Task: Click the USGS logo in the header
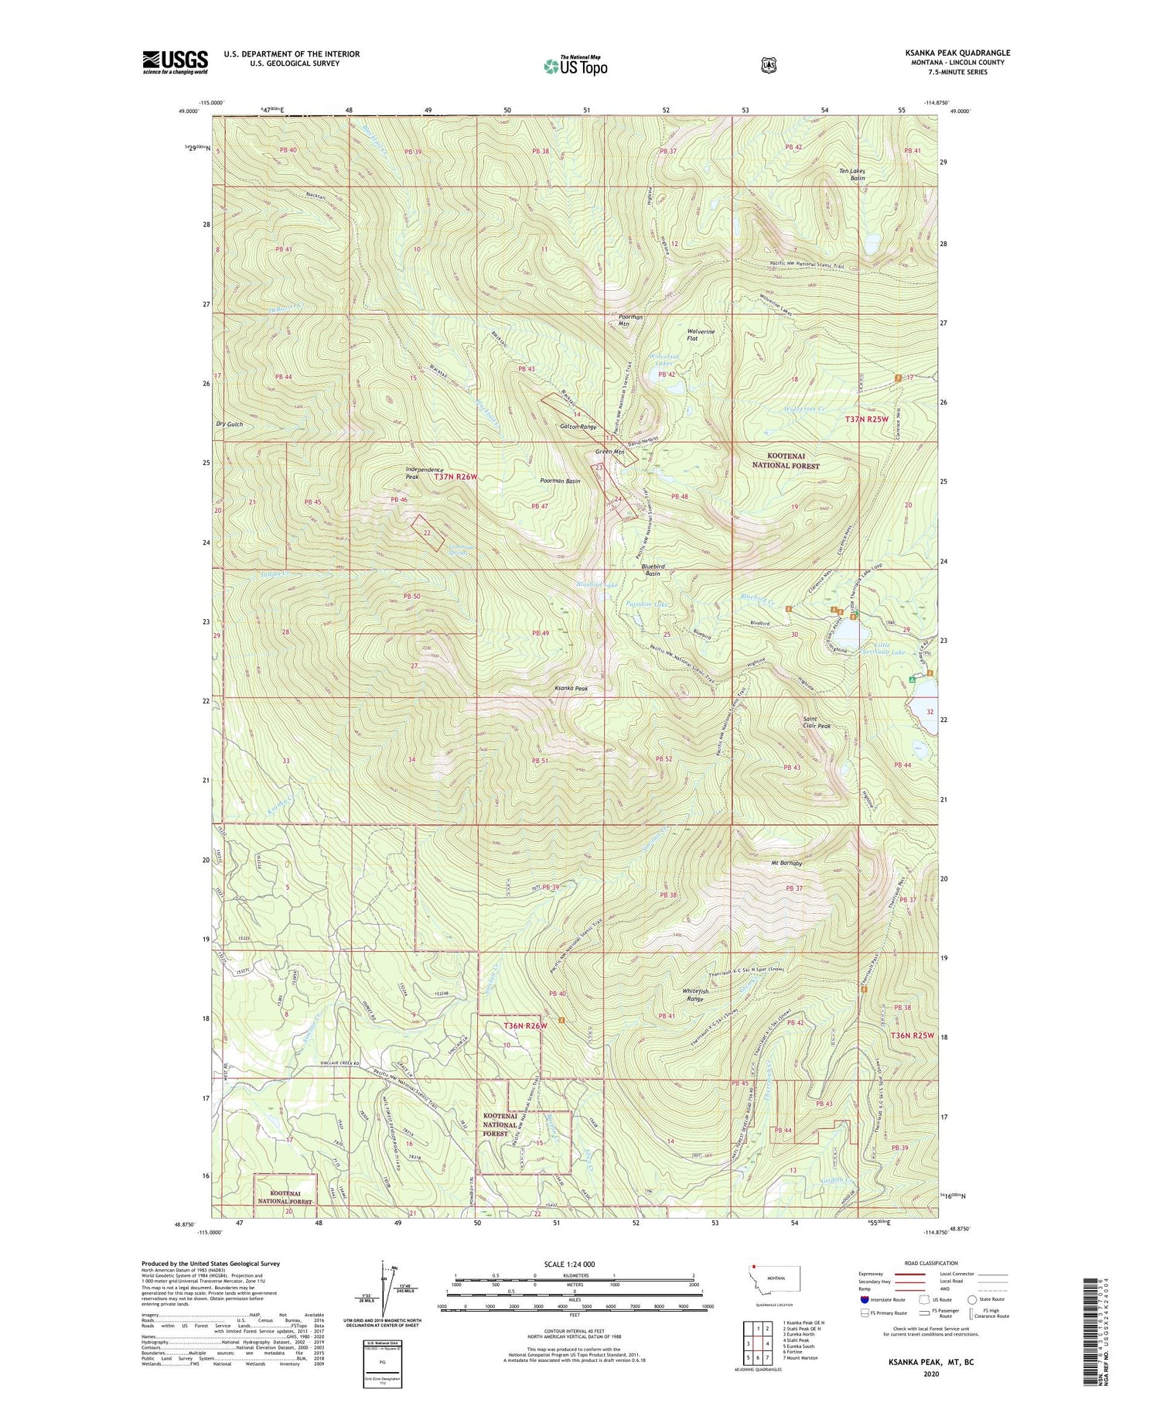pos(175,62)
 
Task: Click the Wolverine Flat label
pos(701,335)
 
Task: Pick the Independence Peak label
pos(424,473)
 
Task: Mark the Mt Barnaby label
pos(786,863)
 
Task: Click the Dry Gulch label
pos(230,424)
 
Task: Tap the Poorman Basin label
pos(559,481)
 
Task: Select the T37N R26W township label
pos(455,477)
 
